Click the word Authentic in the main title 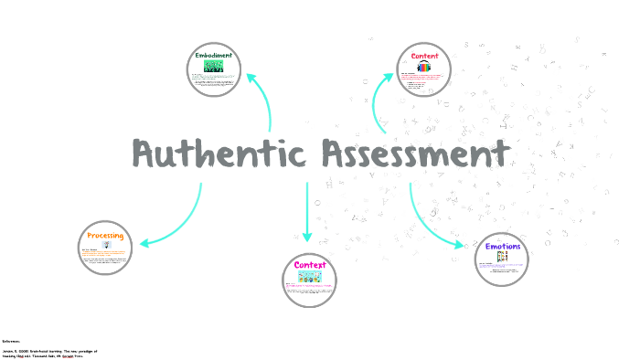216,154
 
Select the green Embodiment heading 213,55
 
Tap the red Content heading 424,57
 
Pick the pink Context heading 310,265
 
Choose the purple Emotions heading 503,247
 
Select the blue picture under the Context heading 310,276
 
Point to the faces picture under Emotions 502,258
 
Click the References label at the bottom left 11,340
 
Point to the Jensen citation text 49,353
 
